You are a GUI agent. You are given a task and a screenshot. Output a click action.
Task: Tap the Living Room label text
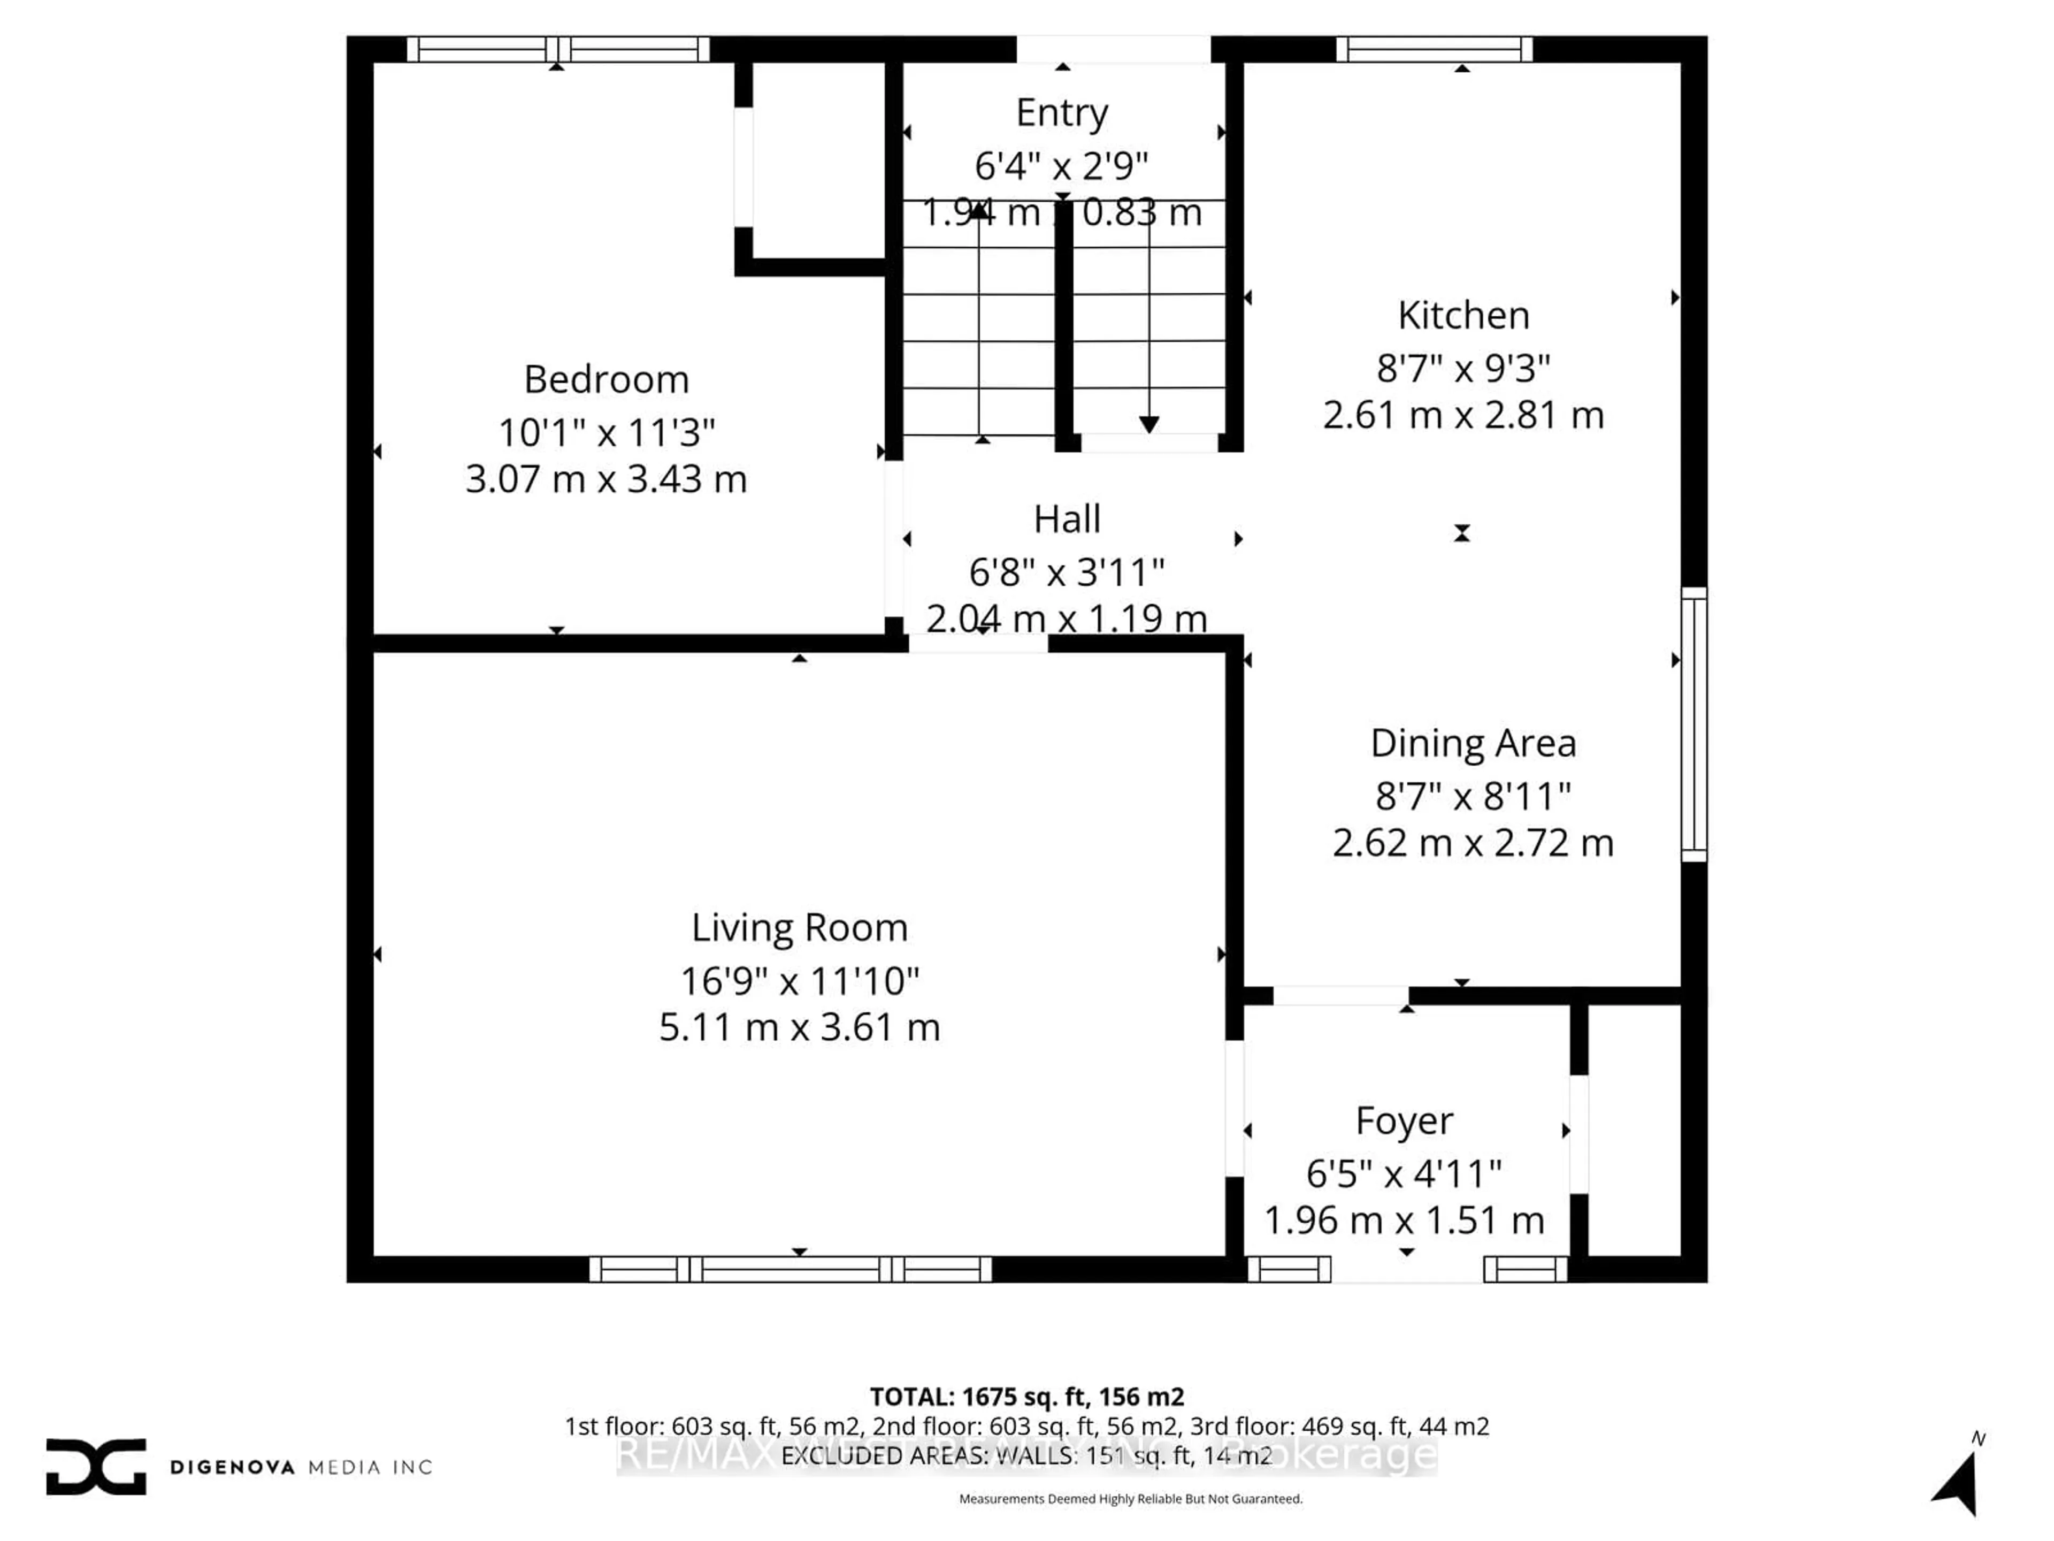coord(800,928)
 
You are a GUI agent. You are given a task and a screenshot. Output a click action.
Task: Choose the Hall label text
coord(1067,519)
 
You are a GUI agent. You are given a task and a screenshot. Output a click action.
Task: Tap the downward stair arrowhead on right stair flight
coord(1148,424)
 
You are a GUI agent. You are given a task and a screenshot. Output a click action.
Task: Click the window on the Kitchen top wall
coord(1434,49)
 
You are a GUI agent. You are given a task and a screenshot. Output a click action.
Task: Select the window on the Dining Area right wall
coord(1693,724)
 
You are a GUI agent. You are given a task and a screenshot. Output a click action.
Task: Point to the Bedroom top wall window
coord(557,49)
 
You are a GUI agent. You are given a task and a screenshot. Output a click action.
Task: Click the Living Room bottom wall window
coord(790,1269)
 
